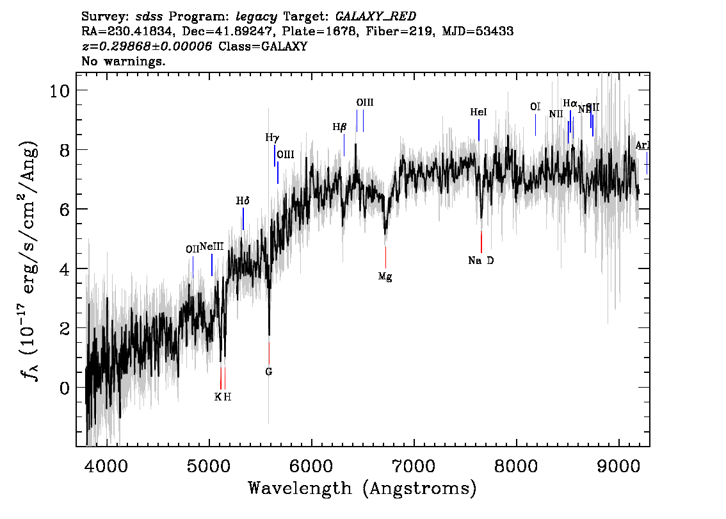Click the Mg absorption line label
click(385, 277)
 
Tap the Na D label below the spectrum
click(481, 261)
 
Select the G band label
click(269, 372)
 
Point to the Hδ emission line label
click(243, 201)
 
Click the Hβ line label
click(339, 127)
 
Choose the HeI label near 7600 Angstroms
click(478, 112)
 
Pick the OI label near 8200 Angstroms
click(535, 107)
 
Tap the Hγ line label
click(272, 137)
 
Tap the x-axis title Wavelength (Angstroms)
click(362, 489)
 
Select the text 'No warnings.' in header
click(124, 62)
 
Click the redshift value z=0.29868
click(147, 47)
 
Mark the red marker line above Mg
click(385, 257)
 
